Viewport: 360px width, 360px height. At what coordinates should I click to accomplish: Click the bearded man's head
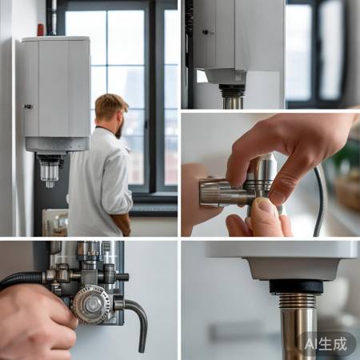[111, 114]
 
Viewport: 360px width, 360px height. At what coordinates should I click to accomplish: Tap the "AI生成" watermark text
[326, 344]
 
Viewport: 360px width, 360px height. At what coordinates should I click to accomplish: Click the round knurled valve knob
[92, 304]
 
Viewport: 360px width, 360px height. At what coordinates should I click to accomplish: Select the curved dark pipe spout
[138, 320]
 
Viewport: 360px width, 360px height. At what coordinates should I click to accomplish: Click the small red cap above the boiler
[41, 30]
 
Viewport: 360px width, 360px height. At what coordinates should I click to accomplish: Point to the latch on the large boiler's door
[28, 106]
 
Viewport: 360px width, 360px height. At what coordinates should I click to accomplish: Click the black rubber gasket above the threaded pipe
[296, 286]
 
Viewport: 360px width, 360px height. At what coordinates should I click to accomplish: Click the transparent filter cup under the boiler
[50, 171]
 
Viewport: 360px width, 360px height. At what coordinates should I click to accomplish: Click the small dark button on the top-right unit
[206, 32]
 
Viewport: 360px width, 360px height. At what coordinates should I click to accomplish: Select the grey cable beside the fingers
[319, 200]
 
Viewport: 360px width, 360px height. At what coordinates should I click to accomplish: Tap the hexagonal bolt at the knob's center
[92, 305]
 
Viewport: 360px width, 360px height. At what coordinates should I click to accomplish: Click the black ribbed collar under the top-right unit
[232, 90]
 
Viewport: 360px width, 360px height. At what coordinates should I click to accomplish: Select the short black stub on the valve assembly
[122, 277]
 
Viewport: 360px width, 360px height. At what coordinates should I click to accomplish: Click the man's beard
[119, 129]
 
